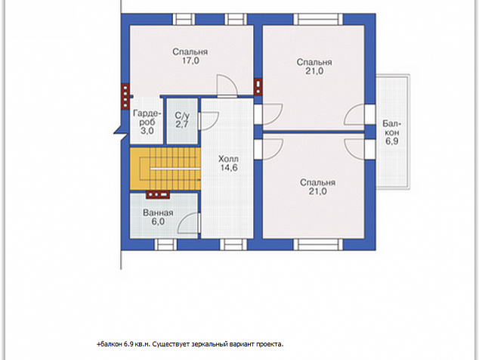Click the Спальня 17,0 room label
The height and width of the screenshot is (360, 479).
tap(190, 56)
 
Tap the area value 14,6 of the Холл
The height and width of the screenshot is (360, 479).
tap(230, 168)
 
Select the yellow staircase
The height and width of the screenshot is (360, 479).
tap(165, 169)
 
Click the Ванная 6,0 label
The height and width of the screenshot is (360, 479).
tap(158, 217)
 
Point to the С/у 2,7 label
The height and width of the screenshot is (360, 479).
tap(182, 120)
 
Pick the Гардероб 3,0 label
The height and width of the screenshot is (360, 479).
tap(147, 122)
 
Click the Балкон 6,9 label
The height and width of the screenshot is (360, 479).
tap(391, 132)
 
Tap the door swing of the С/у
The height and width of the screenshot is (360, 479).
tap(209, 122)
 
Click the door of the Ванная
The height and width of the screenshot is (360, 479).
tap(189, 224)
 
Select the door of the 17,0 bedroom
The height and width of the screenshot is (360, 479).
tap(227, 85)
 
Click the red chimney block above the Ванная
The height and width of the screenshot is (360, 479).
tap(158, 194)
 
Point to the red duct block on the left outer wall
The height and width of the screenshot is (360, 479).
tap(125, 96)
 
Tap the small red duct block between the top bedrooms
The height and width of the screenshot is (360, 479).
tap(258, 86)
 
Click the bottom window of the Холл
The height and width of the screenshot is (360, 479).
tap(233, 245)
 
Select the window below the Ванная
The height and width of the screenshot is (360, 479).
tap(165, 245)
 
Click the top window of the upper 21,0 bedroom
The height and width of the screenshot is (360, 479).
tap(318, 19)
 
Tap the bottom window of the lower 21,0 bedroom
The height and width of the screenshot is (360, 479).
tap(318, 245)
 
